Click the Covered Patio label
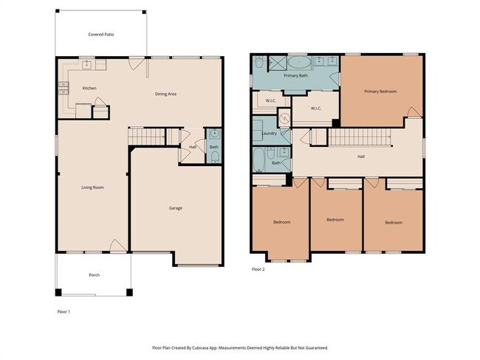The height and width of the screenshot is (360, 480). point(101,34)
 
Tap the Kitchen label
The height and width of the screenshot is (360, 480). point(89,89)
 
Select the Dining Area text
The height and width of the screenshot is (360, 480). point(165,94)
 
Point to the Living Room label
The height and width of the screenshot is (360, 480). point(92,187)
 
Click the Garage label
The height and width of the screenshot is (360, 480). point(175,208)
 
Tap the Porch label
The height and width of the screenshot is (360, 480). point(94,275)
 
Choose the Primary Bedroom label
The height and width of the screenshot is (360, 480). point(380,91)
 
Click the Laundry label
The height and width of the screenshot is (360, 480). point(270,134)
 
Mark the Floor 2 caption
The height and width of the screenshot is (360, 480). point(258,269)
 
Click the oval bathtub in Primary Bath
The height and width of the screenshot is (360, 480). point(298,62)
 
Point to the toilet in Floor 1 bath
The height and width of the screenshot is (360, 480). point(213,134)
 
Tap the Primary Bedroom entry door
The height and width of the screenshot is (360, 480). point(413,114)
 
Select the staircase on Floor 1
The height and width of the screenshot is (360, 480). point(147,136)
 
